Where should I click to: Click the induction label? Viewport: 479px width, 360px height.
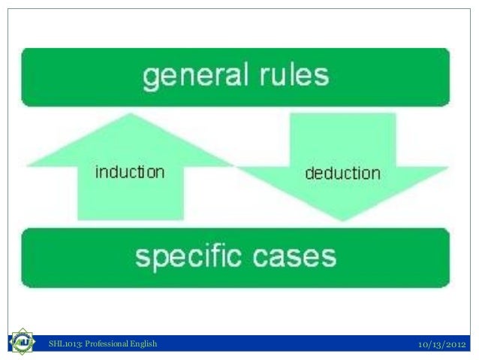pos(129,172)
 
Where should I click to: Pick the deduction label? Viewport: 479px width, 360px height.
pos(342,173)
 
